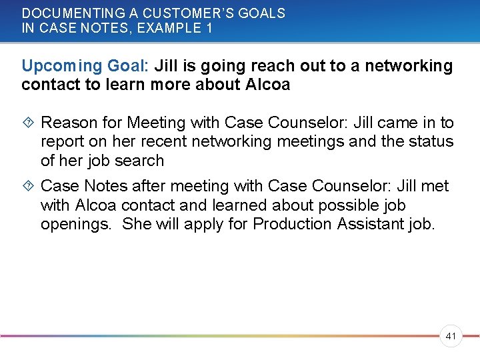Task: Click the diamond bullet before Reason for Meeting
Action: [x=28, y=123]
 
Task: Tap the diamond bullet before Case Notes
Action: [x=28, y=186]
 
